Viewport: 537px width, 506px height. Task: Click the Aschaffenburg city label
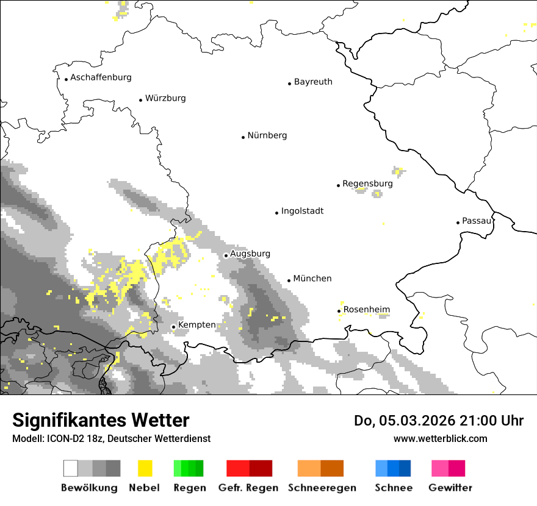[x=101, y=77]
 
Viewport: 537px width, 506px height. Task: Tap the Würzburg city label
[x=165, y=98]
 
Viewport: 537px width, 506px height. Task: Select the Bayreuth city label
[x=313, y=82]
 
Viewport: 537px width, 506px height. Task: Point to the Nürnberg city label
[x=267, y=135]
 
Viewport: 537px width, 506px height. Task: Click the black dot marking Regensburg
[x=338, y=185]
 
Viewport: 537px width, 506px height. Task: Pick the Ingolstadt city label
[x=302, y=211]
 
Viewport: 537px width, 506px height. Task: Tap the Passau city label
[x=477, y=221]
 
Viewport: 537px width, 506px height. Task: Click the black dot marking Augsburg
[x=226, y=255]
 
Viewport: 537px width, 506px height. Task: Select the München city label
[x=312, y=279]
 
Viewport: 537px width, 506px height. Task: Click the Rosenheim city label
[x=366, y=310]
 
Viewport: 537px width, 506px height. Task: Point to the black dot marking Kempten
[x=173, y=327]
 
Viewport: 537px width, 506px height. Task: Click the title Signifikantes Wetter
[x=101, y=421]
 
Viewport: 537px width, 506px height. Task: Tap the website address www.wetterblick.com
[x=440, y=438]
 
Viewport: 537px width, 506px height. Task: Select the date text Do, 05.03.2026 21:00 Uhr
[x=439, y=421]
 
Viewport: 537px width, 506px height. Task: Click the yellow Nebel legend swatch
[x=145, y=468]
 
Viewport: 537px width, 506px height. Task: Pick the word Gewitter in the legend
[x=450, y=488]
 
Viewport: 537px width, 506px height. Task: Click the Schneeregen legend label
[x=322, y=488]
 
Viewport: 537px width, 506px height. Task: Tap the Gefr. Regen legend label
[x=248, y=488]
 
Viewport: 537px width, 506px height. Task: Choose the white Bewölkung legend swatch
[x=71, y=468]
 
